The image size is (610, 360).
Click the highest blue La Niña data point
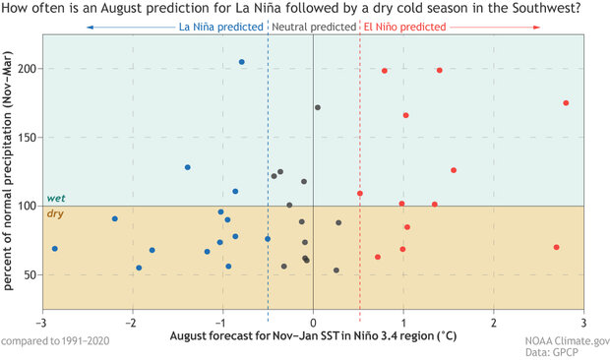[x=242, y=62]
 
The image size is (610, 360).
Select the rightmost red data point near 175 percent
[x=566, y=103]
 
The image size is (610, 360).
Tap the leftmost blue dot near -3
[x=54, y=249]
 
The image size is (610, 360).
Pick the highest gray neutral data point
[x=318, y=108]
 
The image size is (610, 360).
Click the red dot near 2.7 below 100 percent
[x=557, y=248]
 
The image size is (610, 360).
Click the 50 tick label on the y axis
[x=30, y=274]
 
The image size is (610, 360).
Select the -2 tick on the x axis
[x=132, y=323]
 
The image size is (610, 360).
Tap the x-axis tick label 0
[x=313, y=323]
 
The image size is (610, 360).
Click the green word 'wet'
[x=56, y=199]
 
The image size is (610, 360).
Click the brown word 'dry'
[x=55, y=213]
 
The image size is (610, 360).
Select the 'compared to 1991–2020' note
[x=55, y=340]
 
